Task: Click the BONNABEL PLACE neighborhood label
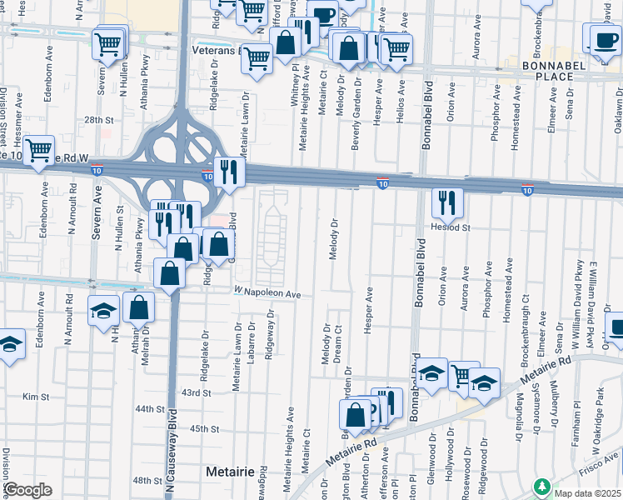pyautogui.click(x=548, y=70)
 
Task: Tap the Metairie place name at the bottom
pyautogui.click(x=229, y=472)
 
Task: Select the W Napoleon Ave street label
pyautogui.click(x=267, y=293)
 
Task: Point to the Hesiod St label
pyautogui.click(x=451, y=227)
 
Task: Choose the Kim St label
pyautogui.click(x=31, y=397)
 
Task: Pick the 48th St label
pyautogui.click(x=147, y=481)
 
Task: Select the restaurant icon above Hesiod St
pyautogui.click(x=447, y=201)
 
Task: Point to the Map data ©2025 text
pyautogui.click(x=586, y=493)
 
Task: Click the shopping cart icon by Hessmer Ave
pyautogui.click(x=38, y=150)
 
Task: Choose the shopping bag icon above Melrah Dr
pyautogui.click(x=138, y=307)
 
